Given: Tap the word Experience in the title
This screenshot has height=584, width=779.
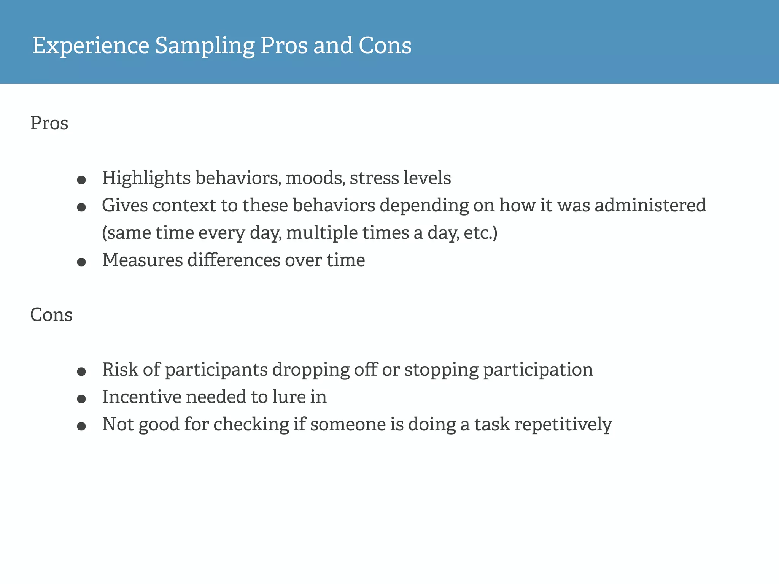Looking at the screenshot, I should [91, 46].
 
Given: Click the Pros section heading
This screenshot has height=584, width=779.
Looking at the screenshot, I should [49, 123].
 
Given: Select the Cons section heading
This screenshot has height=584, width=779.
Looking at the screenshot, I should [51, 315].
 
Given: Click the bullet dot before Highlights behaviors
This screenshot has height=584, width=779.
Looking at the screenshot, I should [81, 180].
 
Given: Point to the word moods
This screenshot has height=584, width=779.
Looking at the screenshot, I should [315, 178].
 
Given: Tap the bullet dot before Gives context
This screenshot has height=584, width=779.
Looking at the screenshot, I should [81, 207].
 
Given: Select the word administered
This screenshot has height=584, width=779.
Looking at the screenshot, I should [650, 205].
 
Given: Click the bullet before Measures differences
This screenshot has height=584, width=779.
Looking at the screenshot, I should [81, 262].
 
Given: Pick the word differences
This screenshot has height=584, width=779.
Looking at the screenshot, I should [234, 260].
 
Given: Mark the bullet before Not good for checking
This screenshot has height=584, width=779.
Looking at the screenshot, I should [81, 426].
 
